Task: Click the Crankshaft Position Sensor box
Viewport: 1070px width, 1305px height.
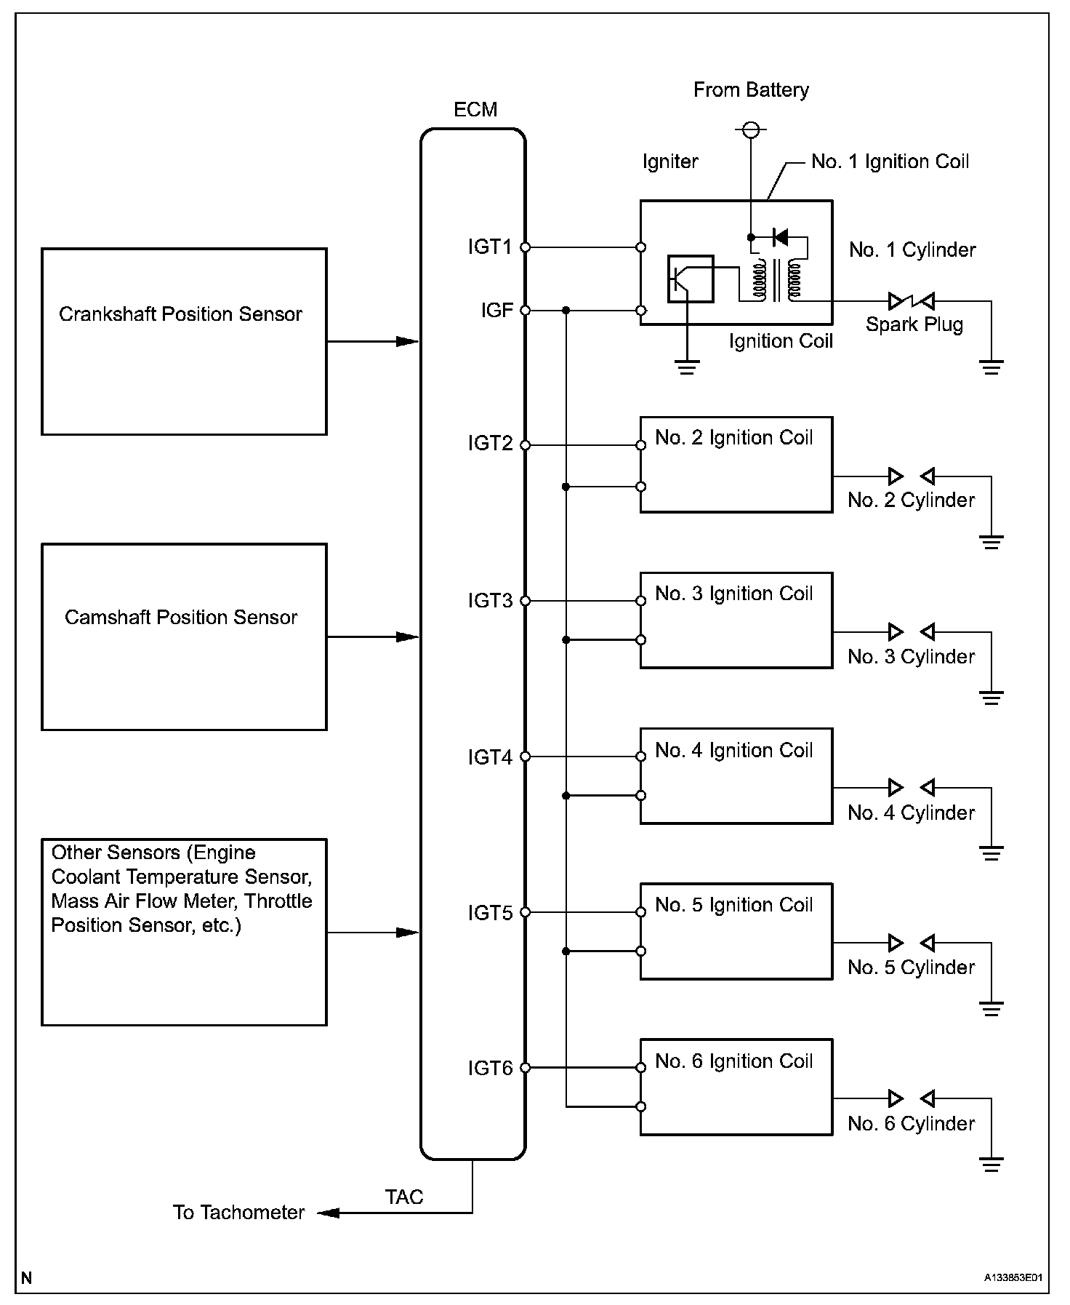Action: pyautogui.click(x=184, y=341)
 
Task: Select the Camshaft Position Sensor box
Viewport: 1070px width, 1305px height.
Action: pyautogui.click(x=184, y=636)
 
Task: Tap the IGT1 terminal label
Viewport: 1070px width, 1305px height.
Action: pyautogui.click(x=490, y=247)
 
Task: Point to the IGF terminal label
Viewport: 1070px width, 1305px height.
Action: pyautogui.click(x=497, y=311)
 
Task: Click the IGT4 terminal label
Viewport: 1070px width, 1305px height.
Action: pyautogui.click(x=490, y=757)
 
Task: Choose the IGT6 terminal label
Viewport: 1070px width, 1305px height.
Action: pyautogui.click(x=490, y=1068)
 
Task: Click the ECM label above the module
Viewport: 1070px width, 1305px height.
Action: pyautogui.click(x=475, y=110)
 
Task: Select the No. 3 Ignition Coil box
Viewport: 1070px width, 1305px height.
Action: pyautogui.click(x=736, y=620)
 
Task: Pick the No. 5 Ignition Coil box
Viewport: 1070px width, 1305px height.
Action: pyautogui.click(x=736, y=931)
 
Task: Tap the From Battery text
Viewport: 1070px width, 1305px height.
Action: pyautogui.click(x=751, y=90)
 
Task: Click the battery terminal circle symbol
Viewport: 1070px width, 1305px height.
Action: pyautogui.click(x=751, y=131)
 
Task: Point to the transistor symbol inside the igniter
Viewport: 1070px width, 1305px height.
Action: pyautogui.click(x=690, y=279)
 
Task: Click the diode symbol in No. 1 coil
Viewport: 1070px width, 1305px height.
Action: pyautogui.click(x=781, y=236)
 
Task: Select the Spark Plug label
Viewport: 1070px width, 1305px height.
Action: pyautogui.click(x=914, y=324)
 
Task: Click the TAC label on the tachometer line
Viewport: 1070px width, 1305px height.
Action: pyautogui.click(x=404, y=1197)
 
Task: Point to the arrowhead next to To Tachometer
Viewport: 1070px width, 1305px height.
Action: pyautogui.click(x=329, y=1213)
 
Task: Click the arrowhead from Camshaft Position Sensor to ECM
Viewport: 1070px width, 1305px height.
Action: pyautogui.click(x=408, y=637)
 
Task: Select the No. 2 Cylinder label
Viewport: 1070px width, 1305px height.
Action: pyautogui.click(x=911, y=500)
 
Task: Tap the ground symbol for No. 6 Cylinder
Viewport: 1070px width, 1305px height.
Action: pyautogui.click(x=991, y=1165)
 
